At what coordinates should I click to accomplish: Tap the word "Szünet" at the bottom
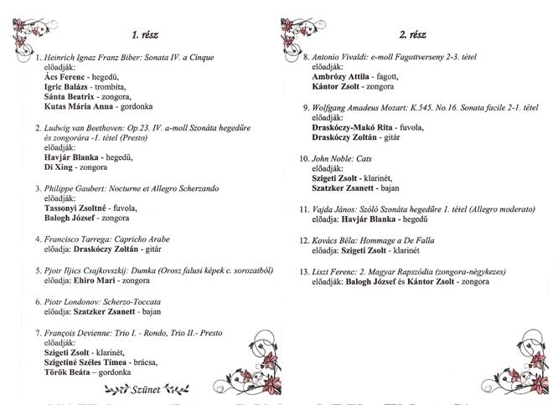[x=145, y=388]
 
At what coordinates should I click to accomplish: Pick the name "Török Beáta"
[x=70, y=372]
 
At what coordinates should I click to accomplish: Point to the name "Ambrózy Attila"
[x=341, y=77]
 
